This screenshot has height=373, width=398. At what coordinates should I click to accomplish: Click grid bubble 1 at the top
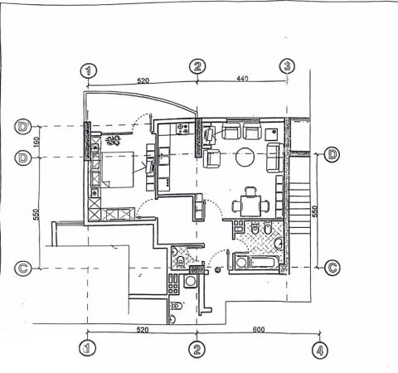pyautogui.click(x=90, y=70)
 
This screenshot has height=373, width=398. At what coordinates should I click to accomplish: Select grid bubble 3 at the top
pyautogui.click(x=286, y=65)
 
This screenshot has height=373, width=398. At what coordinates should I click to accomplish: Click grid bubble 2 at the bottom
pyautogui.click(x=197, y=349)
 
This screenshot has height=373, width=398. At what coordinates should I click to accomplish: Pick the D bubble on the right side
pyautogui.click(x=332, y=155)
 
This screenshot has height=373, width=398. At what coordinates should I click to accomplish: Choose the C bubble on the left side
pyautogui.click(x=23, y=268)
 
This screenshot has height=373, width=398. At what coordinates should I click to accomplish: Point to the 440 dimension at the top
pyautogui.click(x=242, y=78)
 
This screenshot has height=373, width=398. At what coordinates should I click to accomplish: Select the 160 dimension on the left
pyautogui.click(x=36, y=142)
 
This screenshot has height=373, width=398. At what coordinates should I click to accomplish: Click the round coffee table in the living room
pyautogui.click(x=245, y=155)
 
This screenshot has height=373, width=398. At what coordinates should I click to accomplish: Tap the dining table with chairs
pyautogui.click(x=250, y=200)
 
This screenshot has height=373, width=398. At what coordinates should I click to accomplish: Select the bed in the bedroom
pyautogui.click(x=117, y=170)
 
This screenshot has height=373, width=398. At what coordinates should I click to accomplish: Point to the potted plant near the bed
pyautogui.click(x=112, y=139)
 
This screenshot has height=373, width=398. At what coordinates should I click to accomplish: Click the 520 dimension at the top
pyautogui.click(x=143, y=81)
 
